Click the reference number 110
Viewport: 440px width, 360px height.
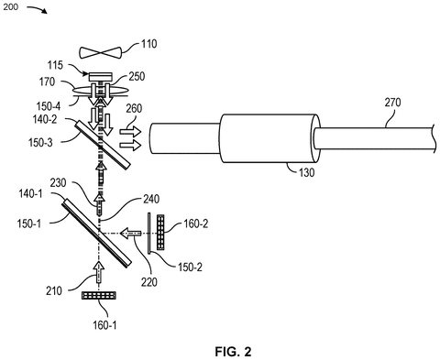tap(149, 44)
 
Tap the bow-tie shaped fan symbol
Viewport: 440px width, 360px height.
tap(101, 52)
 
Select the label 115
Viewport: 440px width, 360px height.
tap(55, 65)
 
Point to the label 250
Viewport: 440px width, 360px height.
tap(137, 76)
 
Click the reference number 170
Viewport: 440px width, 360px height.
tap(47, 82)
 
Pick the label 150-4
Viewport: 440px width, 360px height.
tap(49, 106)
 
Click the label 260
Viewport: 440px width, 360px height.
tap(134, 108)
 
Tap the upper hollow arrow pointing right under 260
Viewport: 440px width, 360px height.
tap(130, 132)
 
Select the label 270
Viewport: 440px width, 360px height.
tap(392, 103)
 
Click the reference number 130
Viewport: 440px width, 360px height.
tap(306, 173)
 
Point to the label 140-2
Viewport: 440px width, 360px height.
tap(45, 119)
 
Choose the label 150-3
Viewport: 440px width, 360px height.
tap(40, 143)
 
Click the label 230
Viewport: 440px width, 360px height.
tap(58, 183)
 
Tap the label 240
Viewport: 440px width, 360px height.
tap(151, 199)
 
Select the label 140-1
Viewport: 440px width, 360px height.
tap(30, 193)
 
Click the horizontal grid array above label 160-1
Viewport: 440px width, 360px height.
tap(99, 295)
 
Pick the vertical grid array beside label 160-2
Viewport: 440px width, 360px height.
tap(160, 233)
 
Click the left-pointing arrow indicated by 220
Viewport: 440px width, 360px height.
tap(130, 234)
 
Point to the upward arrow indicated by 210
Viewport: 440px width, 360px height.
tap(99, 272)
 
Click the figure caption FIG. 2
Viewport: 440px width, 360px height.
tap(234, 352)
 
